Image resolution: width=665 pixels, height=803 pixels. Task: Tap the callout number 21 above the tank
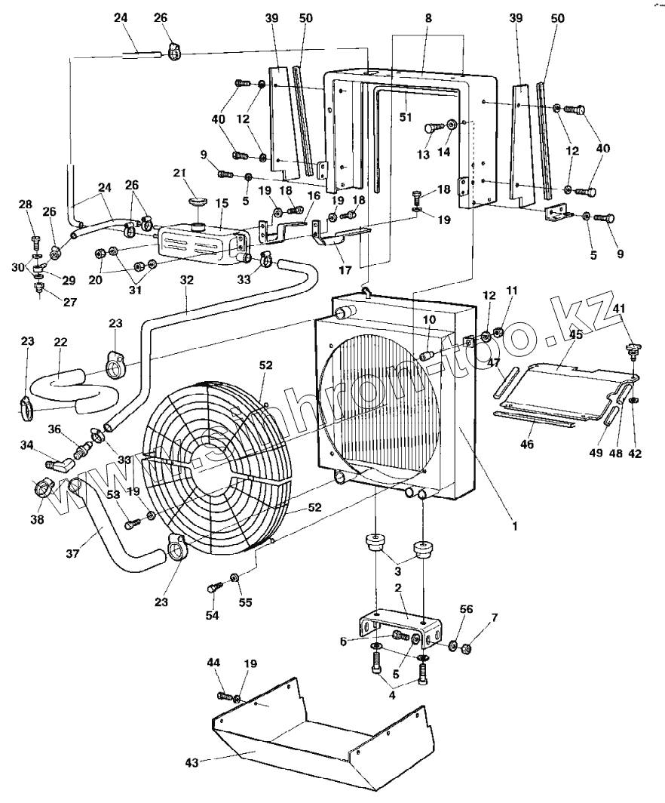point(179,174)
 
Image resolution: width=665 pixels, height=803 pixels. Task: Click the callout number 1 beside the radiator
point(514,525)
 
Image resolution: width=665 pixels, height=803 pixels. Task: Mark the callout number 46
point(526,445)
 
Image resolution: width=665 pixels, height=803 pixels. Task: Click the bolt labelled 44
point(224,695)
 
